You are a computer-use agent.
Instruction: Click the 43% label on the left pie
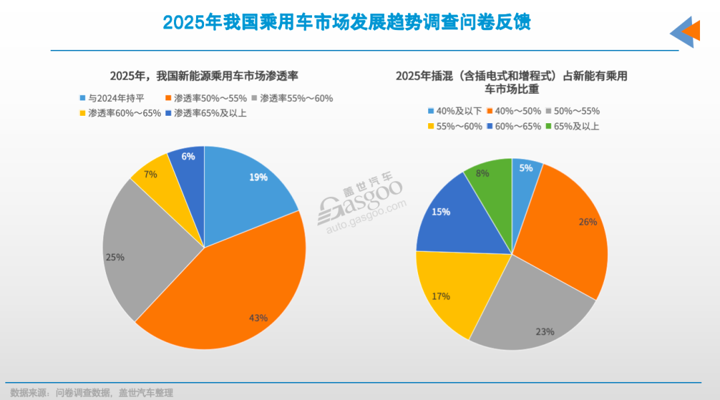pyautogui.click(x=258, y=318)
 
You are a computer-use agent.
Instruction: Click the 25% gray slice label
pyautogui.click(x=115, y=257)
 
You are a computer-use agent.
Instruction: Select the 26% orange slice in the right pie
pyautogui.click(x=573, y=226)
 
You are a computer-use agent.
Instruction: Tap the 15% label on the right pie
pyautogui.click(x=441, y=212)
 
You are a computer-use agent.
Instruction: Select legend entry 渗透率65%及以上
pyautogui.click(x=207, y=112)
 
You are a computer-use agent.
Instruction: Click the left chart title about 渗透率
pyautogui.click(x=204, y=76)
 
